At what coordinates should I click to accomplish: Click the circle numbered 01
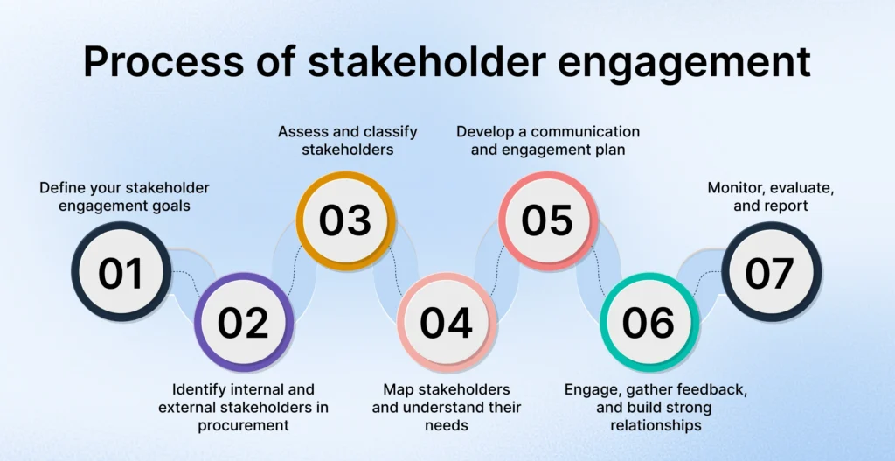pyautogui.click(x=121, y=273)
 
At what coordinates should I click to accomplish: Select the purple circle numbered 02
pyautogui.click(x=243, y=323)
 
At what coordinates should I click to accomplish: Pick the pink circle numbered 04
pyautogui.click(x=446, y=323)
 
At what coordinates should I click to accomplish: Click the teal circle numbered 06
pyautogui.click(x=649, y=323)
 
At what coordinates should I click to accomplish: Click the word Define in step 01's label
pyautogui.click(x=62, y=187)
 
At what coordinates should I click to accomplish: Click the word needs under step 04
pyautogui.click(x=446, y=426)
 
